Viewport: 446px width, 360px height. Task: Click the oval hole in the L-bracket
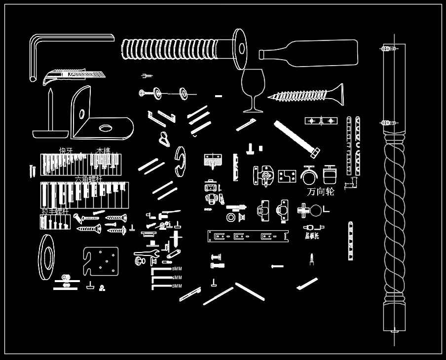106,128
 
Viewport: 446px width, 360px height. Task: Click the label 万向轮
320,192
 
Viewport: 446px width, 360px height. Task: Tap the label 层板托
312,236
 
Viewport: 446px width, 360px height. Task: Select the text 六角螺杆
88,179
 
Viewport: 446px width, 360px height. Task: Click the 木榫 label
103,150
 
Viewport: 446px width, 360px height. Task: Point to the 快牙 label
66,150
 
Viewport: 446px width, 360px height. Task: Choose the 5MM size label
177,269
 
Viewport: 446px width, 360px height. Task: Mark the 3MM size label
176,286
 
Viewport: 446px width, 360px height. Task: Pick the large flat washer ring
47,257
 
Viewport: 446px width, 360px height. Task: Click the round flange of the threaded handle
240,48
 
